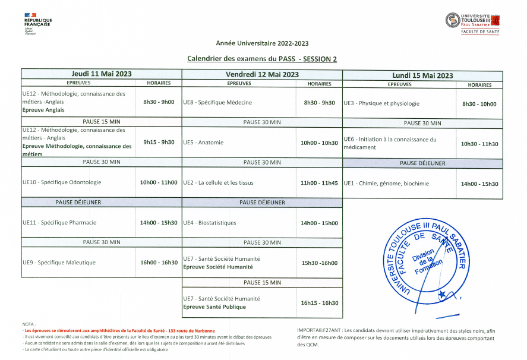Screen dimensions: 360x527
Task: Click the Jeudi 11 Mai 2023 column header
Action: [x=102, y=74]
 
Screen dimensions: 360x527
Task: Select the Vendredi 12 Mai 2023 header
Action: [x=262, y=74]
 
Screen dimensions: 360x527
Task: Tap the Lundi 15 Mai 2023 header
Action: [x=422, y=75]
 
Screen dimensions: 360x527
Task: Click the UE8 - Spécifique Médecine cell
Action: [x=217, y=102]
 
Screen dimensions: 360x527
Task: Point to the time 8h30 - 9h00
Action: [x=159, y=102]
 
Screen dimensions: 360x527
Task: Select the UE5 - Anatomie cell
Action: [x=203, y=143]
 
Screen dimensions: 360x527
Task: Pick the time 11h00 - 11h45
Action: [x=319, y=183]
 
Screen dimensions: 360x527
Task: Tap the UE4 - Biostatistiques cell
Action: [x=210, y=223]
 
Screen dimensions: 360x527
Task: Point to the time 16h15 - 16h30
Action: [x=319, y=303]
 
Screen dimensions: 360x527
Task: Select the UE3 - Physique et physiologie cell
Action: [x=381, y=103]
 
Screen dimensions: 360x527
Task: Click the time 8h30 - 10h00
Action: [x=479, y=104]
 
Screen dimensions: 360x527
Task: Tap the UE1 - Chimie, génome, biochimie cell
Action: [x=386, y=184]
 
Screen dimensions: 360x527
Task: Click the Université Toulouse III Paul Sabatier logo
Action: [x=472, y=23]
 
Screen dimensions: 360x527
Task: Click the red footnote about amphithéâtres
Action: [x=119, y=330]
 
